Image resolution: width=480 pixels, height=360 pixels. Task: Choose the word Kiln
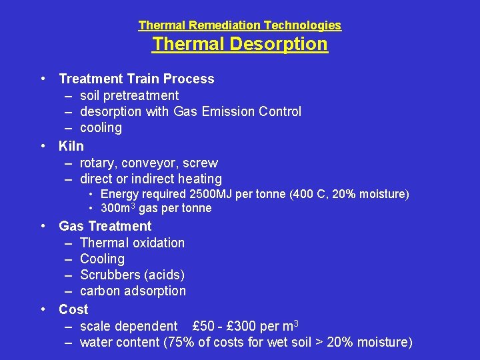point(71,146)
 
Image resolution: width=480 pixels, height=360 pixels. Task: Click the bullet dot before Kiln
point(43,145)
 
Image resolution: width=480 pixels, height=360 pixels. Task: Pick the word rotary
point(99,163)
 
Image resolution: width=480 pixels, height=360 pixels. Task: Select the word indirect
point(152,179)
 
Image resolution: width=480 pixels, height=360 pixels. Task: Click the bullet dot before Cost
point(43,309)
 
